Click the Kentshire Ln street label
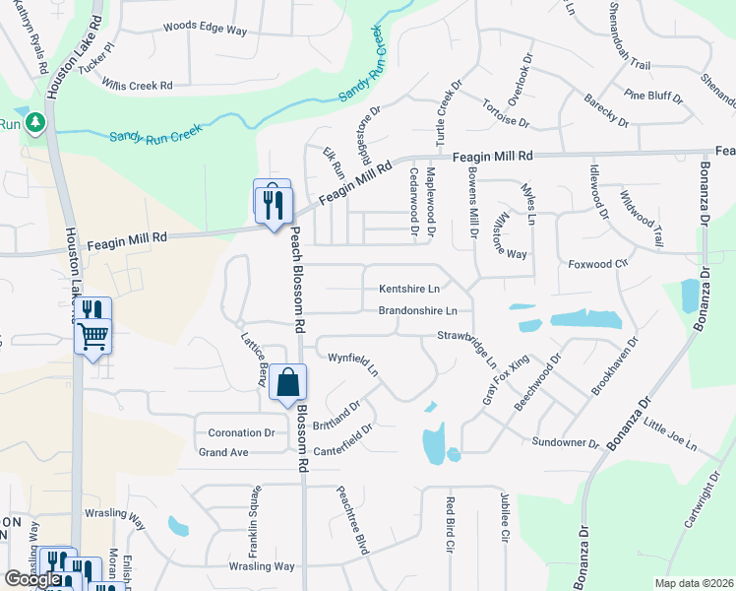point(409,290)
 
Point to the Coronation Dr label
point(240,432)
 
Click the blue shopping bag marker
point(287,381)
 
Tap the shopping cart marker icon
point(93,336)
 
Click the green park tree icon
point(36,121)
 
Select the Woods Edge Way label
point(205,29)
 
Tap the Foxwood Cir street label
point(598,264)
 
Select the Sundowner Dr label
point(566,442)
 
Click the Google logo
point(32,579)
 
